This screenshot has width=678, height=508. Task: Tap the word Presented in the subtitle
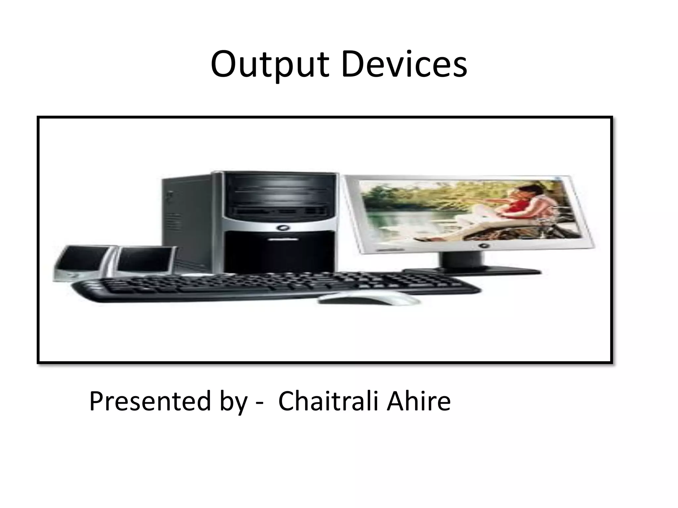pos(150,402)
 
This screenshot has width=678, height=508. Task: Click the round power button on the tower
pos(282,227)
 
